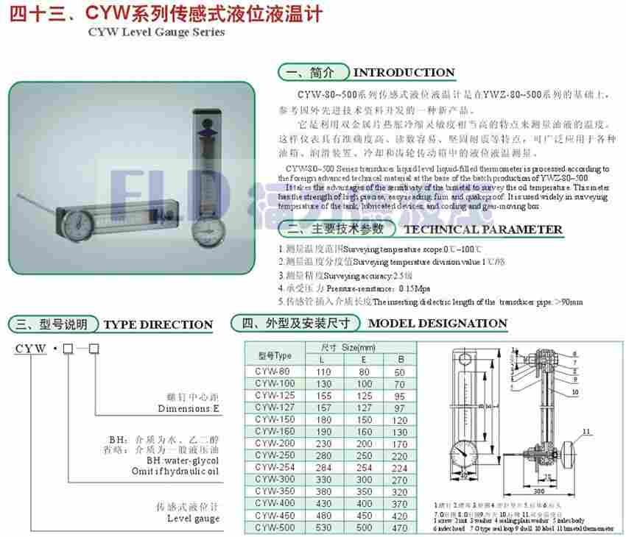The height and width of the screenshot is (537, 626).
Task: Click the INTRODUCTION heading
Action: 404,73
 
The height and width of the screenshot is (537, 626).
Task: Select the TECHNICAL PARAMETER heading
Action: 483,230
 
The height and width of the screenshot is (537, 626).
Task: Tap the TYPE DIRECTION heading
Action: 158,324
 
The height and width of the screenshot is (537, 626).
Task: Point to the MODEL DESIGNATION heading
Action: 437,324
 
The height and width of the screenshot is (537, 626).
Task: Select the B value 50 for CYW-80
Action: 401,373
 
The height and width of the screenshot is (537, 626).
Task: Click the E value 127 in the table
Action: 363,408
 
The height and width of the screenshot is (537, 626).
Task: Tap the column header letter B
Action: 401,360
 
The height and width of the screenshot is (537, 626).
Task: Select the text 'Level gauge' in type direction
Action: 194,519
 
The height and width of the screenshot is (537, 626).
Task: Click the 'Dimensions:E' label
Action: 189,409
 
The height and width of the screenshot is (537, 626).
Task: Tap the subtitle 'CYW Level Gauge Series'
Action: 147,33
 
